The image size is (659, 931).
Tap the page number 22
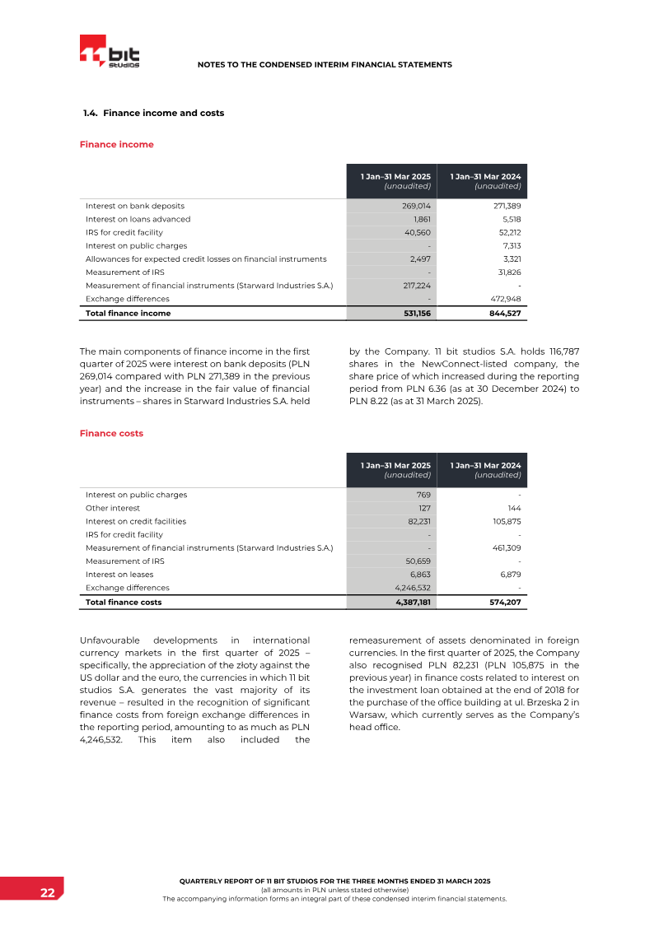[48, 893]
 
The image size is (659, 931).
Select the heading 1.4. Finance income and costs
[153, 113]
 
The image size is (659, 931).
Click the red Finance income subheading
[116, 144]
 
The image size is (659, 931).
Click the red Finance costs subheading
[111, 433]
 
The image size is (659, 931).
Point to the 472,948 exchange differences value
[504, 299]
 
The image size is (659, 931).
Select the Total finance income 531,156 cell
[414, 314]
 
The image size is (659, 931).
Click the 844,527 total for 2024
[503, 314]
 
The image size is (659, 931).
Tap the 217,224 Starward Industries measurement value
[414, 286]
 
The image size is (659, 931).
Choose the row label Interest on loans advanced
[138, 219]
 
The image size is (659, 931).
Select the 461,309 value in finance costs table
[504, 548]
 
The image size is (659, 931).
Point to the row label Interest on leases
[119, 575]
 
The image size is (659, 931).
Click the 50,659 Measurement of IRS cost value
[417, 561]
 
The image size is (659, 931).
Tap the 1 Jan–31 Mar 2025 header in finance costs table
[395, 465]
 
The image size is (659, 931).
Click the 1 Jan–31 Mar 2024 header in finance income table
[485, 176]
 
